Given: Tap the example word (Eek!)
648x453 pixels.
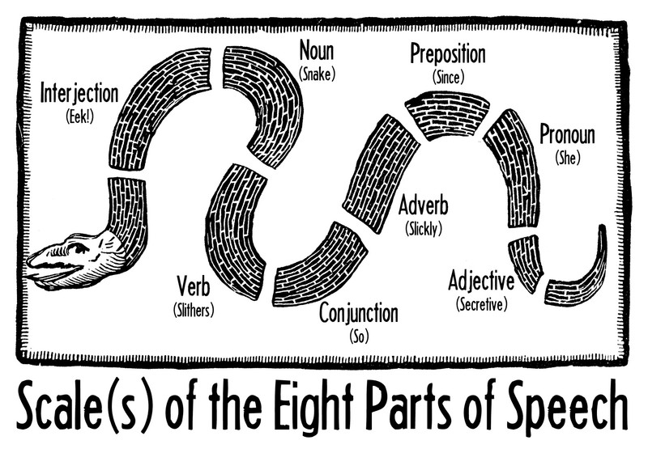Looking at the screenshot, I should point(79,116).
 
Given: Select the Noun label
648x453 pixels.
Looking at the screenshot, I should point(317,53).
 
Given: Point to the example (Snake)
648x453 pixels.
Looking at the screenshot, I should point(317,74).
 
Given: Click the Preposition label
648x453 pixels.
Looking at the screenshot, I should point(447,54).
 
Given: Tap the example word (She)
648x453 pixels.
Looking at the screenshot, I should point(567,158).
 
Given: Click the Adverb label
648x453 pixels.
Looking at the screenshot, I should point(424,205).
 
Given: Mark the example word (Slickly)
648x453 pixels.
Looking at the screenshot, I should point(424,229).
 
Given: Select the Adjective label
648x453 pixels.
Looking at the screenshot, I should point(481,282).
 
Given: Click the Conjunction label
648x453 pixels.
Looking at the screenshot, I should point(358,312).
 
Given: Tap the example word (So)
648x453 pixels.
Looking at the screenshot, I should point(358,335).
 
